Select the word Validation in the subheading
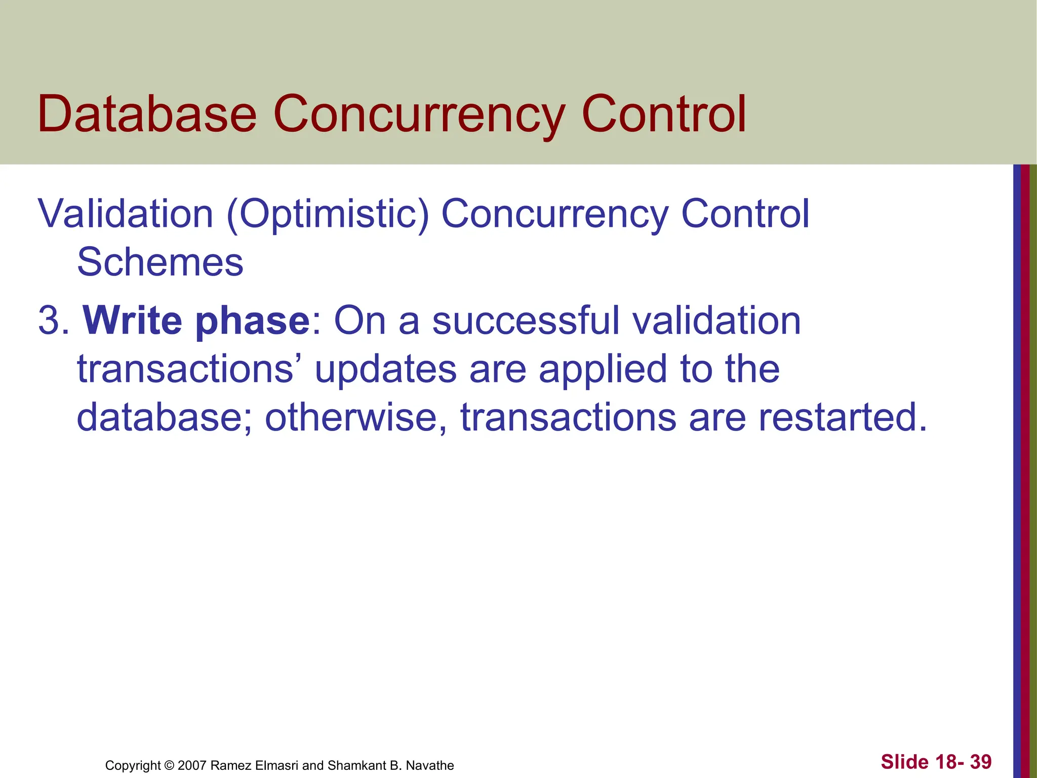tap(126, 214)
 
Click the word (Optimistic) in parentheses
tap(328, 214)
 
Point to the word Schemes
tap(160, 262)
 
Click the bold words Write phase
tap(196, 321)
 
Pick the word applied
tap(603, 369)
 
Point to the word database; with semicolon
tap(164, 417)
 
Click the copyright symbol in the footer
tap(169, 765)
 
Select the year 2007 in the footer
tap(192, 765)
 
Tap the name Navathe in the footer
tap(430, 765)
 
